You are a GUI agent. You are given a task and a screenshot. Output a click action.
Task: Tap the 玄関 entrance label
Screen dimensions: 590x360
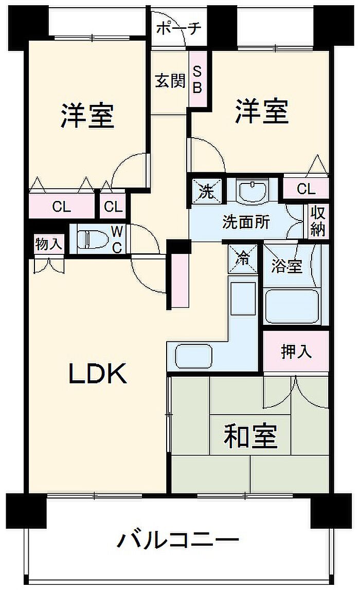pyautogui.click(x=170, y=81)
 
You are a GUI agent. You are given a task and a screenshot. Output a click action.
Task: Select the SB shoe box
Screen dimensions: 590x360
pyautogui.click(x=197, y=79)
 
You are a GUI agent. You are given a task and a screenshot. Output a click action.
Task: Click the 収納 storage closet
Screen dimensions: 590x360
pyautogui.click(x=317, y=221)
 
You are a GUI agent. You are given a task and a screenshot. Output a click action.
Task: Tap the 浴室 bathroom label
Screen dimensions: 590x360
pyautogui.click(x=287, y=266)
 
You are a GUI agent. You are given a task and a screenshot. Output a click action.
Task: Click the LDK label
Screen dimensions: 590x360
pyautogui.click(x=98, y=374)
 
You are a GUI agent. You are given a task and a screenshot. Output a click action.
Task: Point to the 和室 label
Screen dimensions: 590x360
pyautogui.click(x=250, y=436)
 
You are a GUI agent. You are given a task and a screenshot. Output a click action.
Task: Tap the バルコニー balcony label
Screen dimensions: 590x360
pyautogui.click(x=178, y=540)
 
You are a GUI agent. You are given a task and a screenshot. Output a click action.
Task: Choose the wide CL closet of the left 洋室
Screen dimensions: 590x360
pyautogui.click(x=62, y=207)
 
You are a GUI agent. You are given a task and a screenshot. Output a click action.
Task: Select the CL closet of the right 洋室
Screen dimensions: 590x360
pyautogui.click(x=306, y=189)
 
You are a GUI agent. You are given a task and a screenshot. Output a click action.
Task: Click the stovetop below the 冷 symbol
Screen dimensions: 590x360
pyautogui.click(x=243, y=298)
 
